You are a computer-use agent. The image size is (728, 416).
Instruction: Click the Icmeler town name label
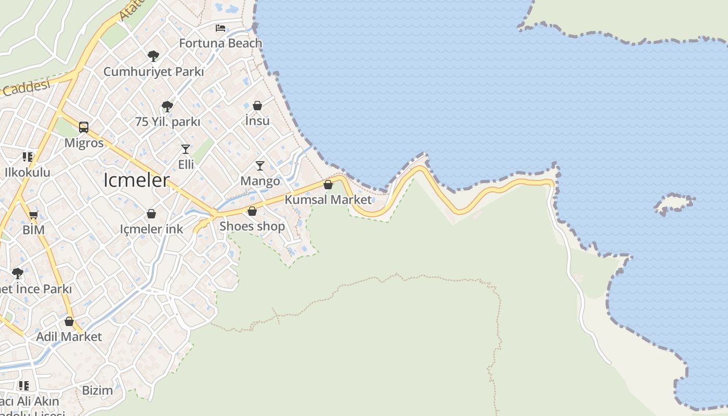pos(137,180)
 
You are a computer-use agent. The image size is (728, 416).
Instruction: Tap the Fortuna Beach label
pos(220,43)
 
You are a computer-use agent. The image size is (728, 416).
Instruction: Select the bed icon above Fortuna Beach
pos(220,28)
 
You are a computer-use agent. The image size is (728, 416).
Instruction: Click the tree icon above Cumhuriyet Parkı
pos(153,56)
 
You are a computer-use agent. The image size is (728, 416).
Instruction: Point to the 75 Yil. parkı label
pos(167,122)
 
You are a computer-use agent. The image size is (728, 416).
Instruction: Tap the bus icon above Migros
pos(84,127)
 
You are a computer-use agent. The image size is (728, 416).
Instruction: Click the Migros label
pos(84,142)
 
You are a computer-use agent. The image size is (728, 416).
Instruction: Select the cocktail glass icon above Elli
pos(186,149)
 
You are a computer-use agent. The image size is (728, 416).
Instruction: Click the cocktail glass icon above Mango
pos(260,166)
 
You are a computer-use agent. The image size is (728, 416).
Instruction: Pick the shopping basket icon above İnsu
pos(257,106)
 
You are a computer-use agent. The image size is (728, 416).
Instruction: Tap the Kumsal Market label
pos(328,200)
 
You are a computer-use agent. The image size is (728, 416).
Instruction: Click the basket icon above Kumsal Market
pos(328,185)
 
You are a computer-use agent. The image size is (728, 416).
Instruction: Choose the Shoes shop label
pos(252,226)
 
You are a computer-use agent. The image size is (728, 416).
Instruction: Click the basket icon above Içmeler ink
pos(151,214)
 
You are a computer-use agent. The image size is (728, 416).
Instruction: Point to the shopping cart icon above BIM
pos(34,215)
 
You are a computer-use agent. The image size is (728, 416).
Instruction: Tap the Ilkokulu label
pos(28,172)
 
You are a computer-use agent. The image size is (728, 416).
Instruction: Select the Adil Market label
pos(69,336)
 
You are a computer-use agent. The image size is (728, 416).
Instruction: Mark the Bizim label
pos(97,390)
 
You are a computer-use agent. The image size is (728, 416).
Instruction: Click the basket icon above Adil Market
pos(69,321)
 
